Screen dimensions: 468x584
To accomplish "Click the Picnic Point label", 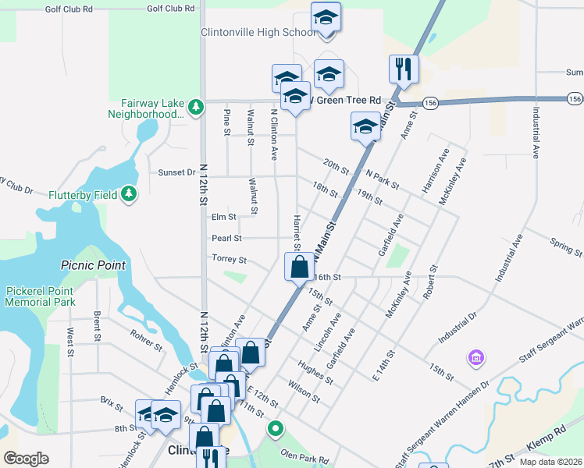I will (93, 265).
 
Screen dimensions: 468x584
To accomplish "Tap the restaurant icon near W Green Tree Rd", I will (404, 69).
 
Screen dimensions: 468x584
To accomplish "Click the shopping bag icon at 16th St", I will (299, 267).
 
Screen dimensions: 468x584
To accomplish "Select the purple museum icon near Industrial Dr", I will (475, 358).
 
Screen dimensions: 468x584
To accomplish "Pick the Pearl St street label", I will (226, 238).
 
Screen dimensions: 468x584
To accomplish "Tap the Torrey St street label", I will (229, 259).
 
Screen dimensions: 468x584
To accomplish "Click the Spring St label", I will (566, 247).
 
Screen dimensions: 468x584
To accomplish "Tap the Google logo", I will (26, 459).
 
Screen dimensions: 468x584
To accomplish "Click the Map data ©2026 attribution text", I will (550, 462).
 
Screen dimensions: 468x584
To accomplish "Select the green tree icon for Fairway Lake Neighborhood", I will (198, 105).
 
